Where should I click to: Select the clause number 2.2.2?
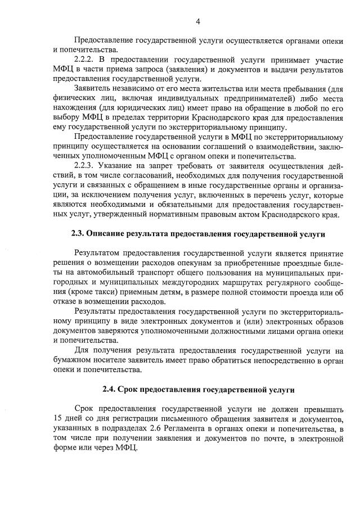pyautogui.click(x=84, y=59)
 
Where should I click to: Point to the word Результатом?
pyautogui.click(x=97, y=254)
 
